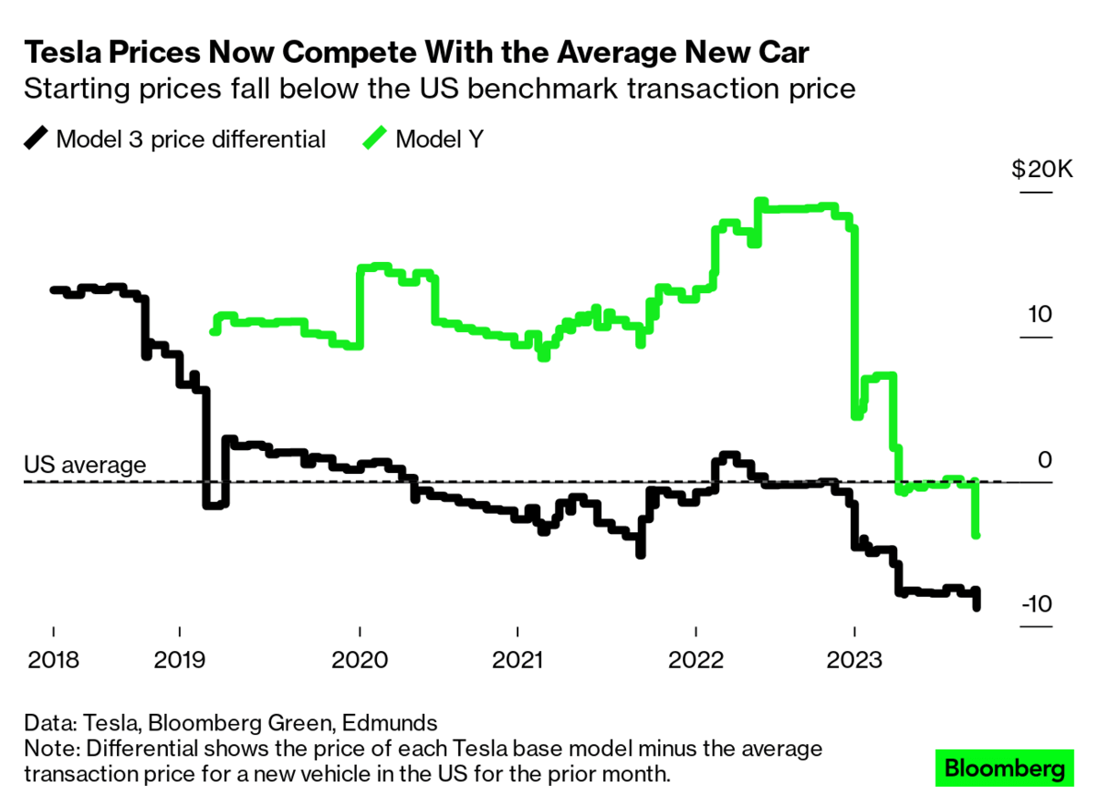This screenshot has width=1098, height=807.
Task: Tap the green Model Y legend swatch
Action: [374, 139]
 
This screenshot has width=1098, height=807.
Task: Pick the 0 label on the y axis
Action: [1045, 459]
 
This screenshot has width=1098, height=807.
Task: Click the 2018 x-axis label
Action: [53, 660]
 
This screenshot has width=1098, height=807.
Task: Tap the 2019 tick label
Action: [179, 660]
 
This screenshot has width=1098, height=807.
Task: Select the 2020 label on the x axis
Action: [360, 660]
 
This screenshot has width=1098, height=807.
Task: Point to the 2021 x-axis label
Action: [518, 660]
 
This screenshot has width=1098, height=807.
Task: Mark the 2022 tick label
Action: [696, 660]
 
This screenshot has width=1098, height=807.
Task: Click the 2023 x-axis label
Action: [854, 660]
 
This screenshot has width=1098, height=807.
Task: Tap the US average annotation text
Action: [84, 465]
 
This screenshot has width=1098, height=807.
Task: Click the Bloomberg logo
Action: [1004, 769]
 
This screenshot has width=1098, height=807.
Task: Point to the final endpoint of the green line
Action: [977, 535]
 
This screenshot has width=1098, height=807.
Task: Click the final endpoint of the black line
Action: [977, 606]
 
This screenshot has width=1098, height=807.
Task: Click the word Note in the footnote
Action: [49, 749]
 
